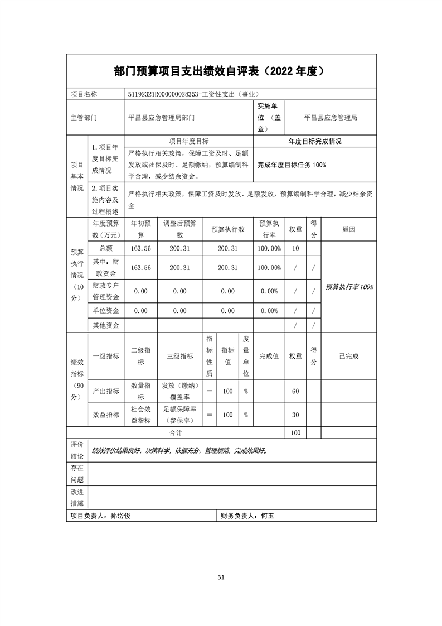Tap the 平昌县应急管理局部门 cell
162,118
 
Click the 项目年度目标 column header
188,142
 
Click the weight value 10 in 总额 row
295,248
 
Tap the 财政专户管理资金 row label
106,291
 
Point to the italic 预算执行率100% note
349,287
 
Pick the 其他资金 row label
106,325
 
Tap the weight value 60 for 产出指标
295,391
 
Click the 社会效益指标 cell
140,415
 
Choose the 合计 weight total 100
295,432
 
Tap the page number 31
221,577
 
